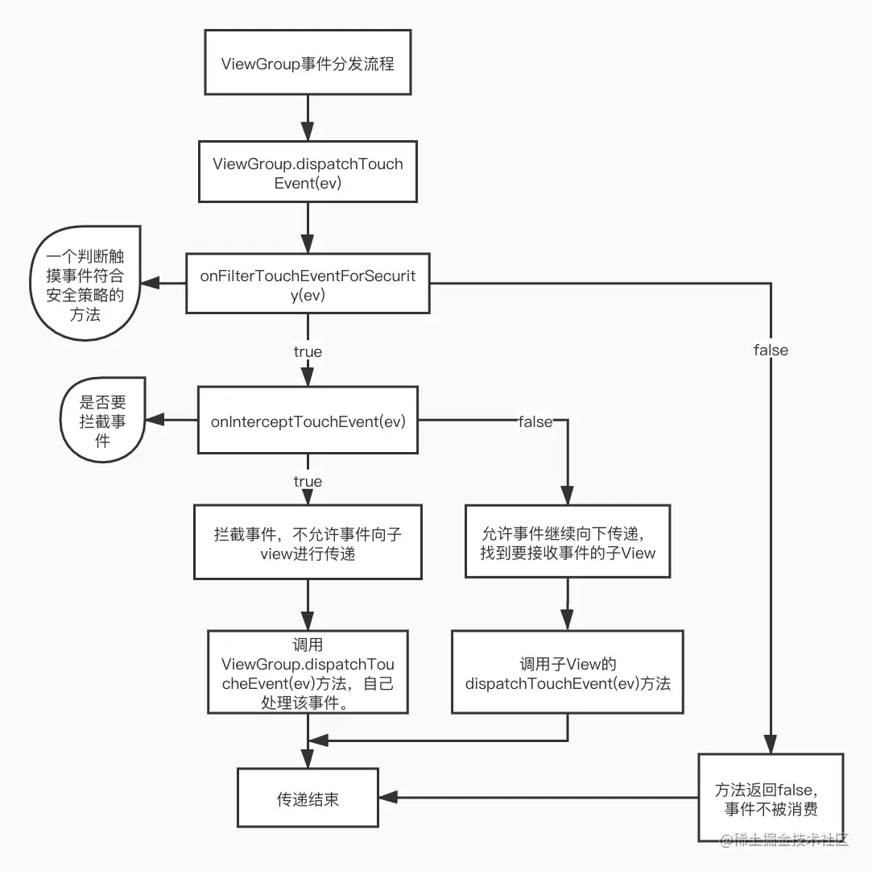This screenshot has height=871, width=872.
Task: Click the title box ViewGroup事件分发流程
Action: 308,64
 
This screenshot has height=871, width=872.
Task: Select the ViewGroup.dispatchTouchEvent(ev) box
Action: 308,172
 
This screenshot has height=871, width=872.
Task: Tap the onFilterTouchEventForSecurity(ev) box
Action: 308,283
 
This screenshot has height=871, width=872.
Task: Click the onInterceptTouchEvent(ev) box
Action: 308,421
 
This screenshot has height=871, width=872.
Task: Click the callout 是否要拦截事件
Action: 101,420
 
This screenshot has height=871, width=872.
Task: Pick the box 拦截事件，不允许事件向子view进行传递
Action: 308,541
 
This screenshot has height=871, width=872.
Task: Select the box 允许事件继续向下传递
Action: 568,541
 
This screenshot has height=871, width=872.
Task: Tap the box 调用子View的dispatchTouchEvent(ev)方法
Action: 568,672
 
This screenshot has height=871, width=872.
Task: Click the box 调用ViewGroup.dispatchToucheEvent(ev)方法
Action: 308,672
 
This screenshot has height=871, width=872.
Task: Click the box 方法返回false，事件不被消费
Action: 771,798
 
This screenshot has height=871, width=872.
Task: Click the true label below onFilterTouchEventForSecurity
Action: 308,351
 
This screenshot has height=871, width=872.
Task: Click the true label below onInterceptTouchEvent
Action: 308,481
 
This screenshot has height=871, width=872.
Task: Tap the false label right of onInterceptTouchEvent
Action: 535,421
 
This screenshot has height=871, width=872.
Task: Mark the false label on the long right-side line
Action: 771,350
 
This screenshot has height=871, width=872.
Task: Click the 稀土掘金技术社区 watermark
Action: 784,840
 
